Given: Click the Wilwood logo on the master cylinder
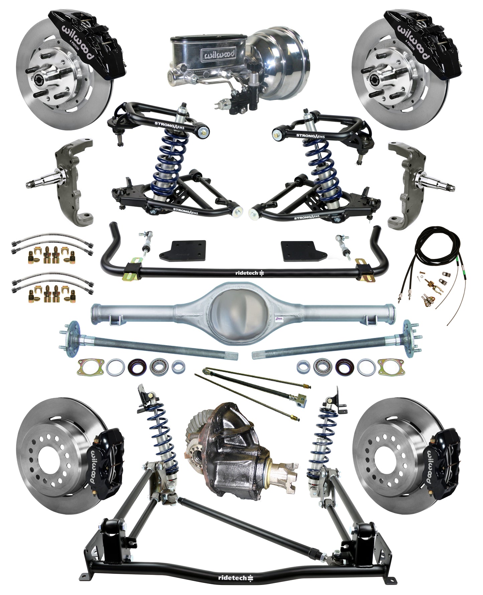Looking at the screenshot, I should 218,54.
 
